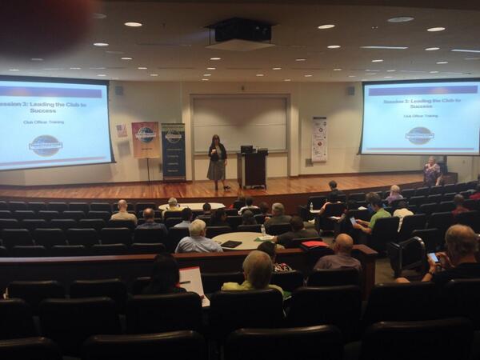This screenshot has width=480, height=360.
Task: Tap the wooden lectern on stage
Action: point(253,168)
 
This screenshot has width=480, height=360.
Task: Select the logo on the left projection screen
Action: point(46,145)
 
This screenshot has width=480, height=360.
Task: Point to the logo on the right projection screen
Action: point(419,134)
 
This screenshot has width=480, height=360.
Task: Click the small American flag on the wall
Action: point(122,130)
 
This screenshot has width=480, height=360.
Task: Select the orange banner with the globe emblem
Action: point(146,139)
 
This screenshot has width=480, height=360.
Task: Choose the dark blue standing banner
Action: point(173,151)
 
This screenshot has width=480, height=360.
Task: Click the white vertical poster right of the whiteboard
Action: point(319,139)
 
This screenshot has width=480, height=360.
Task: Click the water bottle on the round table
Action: point(262,230)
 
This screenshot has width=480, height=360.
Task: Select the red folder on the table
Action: point(314,243)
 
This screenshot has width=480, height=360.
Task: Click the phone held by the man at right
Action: point(433,258)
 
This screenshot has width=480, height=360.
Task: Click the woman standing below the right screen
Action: point(431,170)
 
